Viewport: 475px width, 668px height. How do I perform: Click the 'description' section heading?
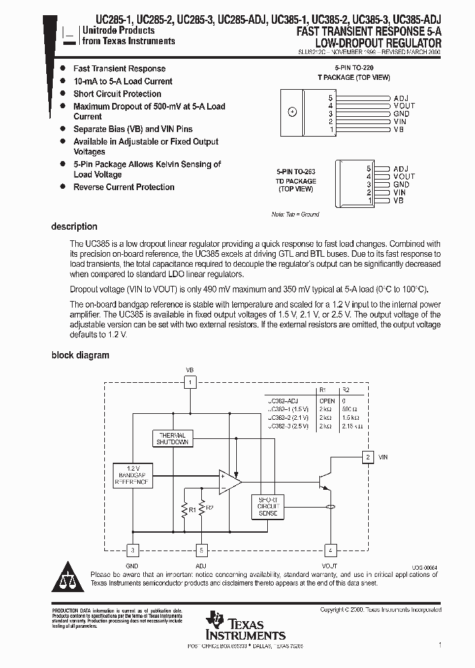[x=74, y=226]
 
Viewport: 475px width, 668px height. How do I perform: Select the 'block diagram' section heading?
[x=80, y=355]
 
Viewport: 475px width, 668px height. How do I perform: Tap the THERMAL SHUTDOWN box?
[x=172, y=438]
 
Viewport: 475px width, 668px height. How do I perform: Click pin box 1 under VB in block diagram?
[x=190, y=382]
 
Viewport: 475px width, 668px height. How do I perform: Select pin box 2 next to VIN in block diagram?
[x=367, y=456]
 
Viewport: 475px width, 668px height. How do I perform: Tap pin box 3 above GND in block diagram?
[x=133, y=549]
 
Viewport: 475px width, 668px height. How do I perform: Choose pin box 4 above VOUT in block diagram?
[x=329, y=549]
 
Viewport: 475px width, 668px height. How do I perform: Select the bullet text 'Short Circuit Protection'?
[x=117, y=94]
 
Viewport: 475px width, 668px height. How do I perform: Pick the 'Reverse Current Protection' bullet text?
[x=123, y=187]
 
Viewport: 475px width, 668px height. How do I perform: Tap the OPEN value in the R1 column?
[x=327, y=401]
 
